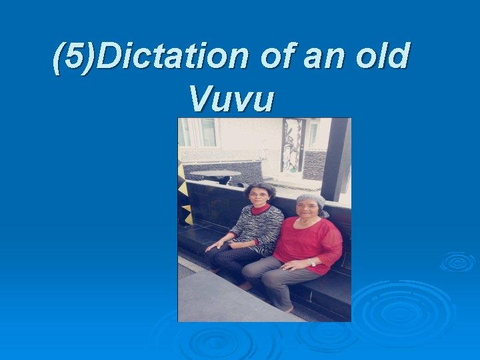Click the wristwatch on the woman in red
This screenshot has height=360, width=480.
click(x=312, y=262)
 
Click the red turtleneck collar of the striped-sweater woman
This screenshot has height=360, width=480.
click(x=260, y=209)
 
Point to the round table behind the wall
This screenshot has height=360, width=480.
click(x=215, y=175)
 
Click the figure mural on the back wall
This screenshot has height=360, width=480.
click(x=292, y=145)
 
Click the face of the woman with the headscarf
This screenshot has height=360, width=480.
click(x=308, y=212)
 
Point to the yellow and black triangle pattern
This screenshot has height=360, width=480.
click(x=185, y=193)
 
